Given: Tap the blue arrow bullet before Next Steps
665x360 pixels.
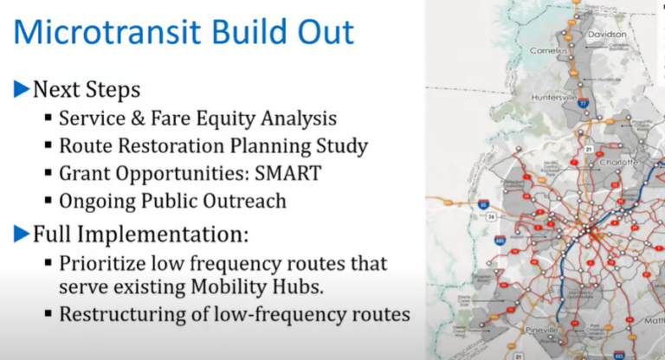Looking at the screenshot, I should click(22, 88).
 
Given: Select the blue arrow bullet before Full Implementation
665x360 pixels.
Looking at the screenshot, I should click(22, 233).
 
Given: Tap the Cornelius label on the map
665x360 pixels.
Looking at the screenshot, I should click(549, 50).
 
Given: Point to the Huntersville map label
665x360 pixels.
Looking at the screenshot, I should click(555, 97).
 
